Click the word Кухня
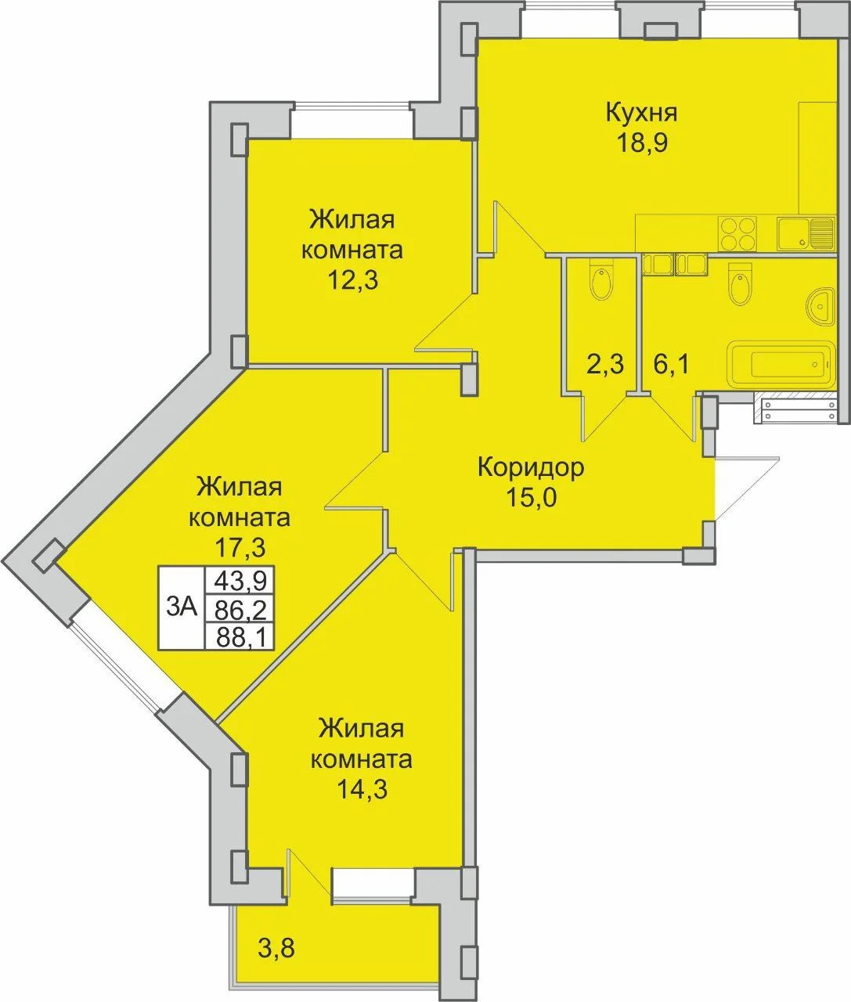tap(641, 114)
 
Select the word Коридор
tap(532, 468)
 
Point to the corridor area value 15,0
tap(531, 497)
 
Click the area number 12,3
tap(352, 280)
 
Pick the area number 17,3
tap(240, 548)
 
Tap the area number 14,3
tap(362, 790)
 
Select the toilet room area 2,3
tap(604, 364)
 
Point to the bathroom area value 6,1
tap(671, 364)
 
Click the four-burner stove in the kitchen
tap(737, 233)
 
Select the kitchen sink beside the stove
tap(805, 233)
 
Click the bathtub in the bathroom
tap(781, 363)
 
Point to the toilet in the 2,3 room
tap(600, 281)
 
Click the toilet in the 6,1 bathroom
tap(741, 285)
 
